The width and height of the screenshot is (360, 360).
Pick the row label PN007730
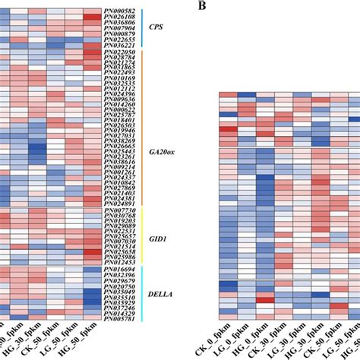coord(122,210)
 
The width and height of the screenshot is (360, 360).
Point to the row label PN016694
coord(122,269)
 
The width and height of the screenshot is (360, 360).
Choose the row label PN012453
coord(122,262)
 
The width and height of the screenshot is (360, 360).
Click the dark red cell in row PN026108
coord(92,16)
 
